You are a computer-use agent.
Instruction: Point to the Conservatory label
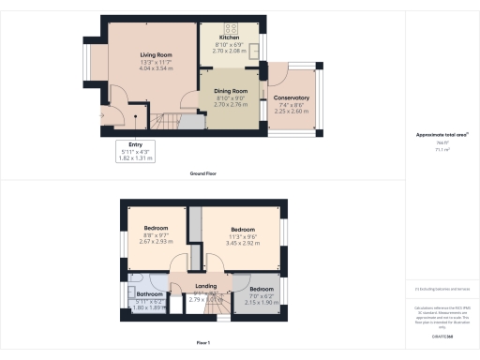coord(291,97)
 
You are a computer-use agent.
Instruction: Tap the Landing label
coord(205,286)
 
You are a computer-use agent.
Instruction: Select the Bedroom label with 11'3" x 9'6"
coord(242,229)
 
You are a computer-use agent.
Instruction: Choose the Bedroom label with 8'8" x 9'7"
coord(155,229)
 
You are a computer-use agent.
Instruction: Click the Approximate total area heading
coord(440,135)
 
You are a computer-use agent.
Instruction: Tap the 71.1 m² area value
coord(440,149)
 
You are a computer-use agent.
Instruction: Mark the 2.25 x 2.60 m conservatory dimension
coord(291,111)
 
